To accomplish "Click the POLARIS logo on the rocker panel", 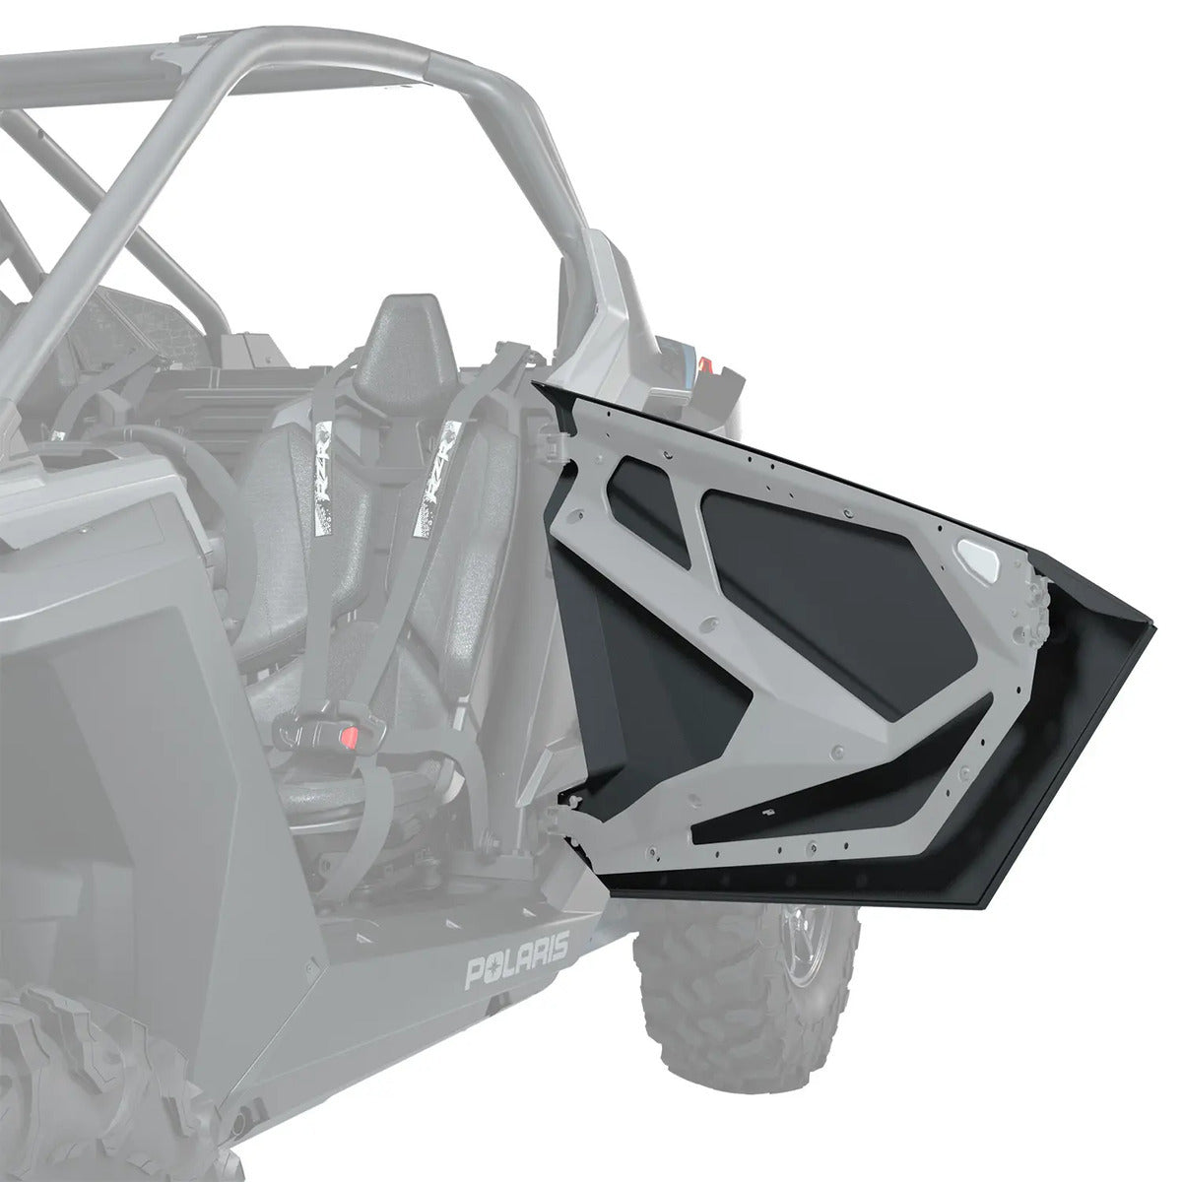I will click(x=517, y=948).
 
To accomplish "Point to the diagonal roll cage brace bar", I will click(x=148, y=197).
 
